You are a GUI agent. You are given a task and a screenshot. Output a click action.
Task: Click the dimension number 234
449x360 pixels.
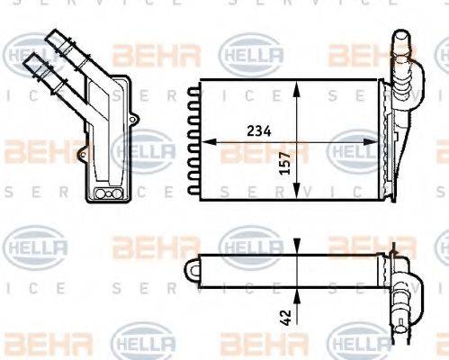258,130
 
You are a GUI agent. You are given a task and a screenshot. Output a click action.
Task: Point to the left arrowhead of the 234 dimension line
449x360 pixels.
203,141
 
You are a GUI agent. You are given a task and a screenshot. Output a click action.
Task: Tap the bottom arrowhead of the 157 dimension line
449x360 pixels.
295,197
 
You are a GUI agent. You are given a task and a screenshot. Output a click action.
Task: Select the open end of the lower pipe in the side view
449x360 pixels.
33,60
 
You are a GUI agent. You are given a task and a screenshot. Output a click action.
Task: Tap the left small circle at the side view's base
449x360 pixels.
101,194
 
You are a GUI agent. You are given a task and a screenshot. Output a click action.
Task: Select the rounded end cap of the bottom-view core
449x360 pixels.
190,267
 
